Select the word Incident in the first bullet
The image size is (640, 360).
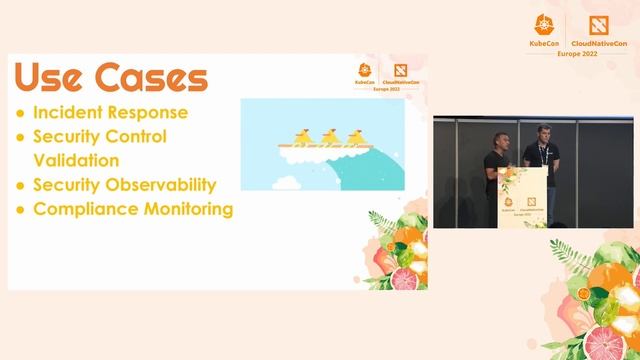coord(71,112)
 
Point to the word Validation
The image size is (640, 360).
coord(76,160)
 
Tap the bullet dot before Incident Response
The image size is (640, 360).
coord(20,113)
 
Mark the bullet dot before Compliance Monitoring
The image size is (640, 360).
coord(20,210)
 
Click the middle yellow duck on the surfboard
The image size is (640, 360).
coord(328,135)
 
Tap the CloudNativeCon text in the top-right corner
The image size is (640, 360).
coord(600,45)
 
